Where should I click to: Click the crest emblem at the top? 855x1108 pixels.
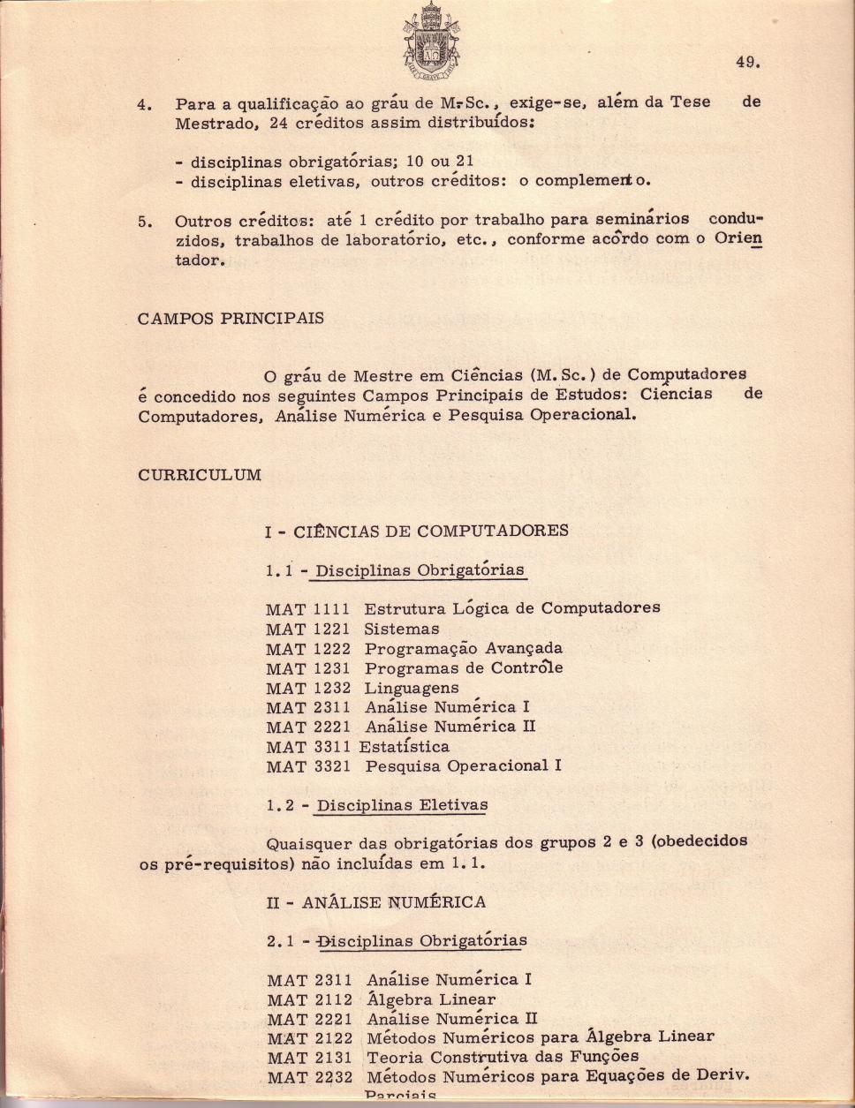(x=432, y=40)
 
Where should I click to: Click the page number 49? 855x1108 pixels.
(x=747, y=62)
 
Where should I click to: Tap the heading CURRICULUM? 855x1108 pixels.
(x=200, y=475)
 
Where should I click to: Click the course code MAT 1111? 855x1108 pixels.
(x=308, y=609)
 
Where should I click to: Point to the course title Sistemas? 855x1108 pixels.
(x=402, y=629)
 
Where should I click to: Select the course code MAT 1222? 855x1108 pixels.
(x=308, y=649)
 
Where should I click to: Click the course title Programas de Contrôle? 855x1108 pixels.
(x=464, y=668)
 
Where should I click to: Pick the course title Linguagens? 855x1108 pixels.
(x=412, y=688)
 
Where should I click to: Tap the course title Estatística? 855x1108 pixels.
(x=404, y=747)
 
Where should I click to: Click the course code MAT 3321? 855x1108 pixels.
(x=308, y=766)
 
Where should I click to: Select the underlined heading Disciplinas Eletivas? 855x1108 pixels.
(x=402, y=805)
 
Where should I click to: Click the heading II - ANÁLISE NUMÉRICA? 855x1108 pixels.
(x=376, y=902)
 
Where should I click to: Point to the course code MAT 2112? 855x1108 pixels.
(x=309, y=999)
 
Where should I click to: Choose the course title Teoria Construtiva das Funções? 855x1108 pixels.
(x=503, y=1057)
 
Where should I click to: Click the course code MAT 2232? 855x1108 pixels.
(x=309, y=1077)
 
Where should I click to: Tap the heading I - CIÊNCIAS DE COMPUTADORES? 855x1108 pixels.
(x=417, y=531)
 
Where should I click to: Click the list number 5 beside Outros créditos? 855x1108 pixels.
(x=143, y=222)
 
